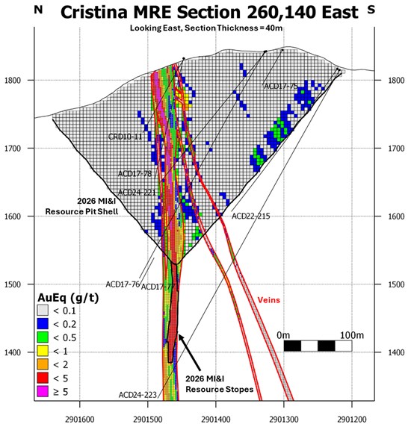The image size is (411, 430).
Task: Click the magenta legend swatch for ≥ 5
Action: click(43, 391)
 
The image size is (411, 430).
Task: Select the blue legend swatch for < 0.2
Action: click(43, 324)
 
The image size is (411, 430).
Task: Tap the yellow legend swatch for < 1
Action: click(43, 351)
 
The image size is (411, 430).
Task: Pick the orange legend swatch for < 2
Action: click(43, 364)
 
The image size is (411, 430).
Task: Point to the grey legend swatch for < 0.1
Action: click(43, 311)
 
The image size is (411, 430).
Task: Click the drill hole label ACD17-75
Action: click(281, 86)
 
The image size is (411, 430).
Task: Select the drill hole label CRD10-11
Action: click(126, 137)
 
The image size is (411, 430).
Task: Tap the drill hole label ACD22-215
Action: click(250, 216)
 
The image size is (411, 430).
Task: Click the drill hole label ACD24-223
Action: click(137, 395)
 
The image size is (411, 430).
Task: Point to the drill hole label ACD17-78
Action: click(135, 174)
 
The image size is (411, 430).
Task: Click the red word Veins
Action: click(269, 300)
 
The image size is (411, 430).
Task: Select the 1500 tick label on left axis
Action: click(13, 284)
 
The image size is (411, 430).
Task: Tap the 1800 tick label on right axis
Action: click(396, 81)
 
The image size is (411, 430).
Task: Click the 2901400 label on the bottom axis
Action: click(216, 420)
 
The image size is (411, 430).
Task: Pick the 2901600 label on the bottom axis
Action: click(80, 420)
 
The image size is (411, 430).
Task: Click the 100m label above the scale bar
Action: click(352, 335)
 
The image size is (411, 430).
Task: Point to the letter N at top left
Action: click(38, 10)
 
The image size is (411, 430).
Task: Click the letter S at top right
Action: click(371, 10)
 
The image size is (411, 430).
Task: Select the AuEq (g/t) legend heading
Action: click(68, 298)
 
